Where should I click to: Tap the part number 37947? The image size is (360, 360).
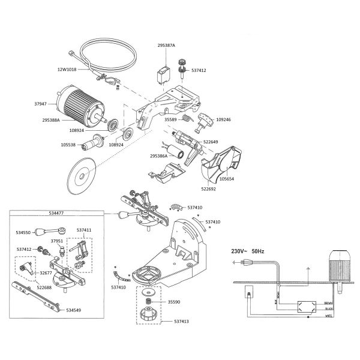(x=49, y=103)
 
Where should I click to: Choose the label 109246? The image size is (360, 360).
(x=223, y=120)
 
